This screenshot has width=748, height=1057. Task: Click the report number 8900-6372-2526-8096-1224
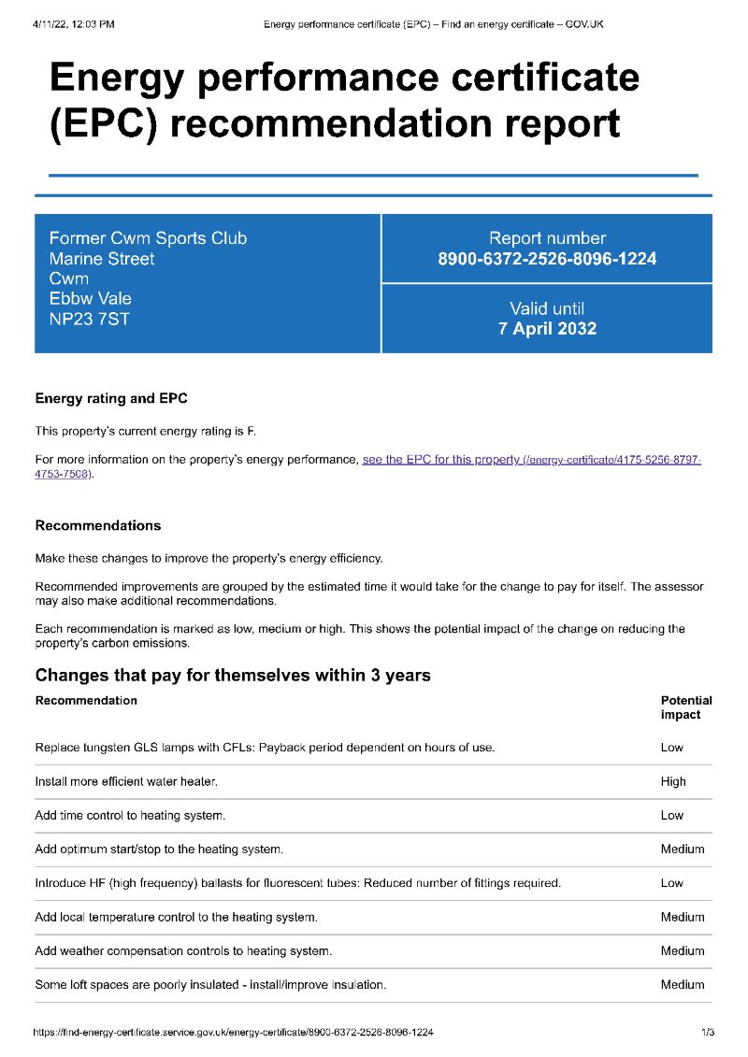(547, 259)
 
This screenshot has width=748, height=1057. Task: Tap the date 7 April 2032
(547, 329)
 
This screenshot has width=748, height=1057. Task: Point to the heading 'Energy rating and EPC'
(111, 399)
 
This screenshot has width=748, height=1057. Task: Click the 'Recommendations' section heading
(98, 525)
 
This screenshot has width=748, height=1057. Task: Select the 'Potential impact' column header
(685, 707)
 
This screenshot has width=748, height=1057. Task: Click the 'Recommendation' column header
(86, 700)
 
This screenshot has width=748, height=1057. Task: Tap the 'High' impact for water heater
(673, 781)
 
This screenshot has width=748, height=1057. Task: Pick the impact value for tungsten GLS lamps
(671, 748)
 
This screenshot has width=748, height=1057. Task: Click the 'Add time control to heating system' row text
(130, 816)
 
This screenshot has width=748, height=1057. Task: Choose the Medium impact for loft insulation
(682, 985)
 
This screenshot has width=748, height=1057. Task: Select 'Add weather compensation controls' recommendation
(183, 951)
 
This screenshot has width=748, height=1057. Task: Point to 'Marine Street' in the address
(102, 259)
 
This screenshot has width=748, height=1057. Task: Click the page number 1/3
(707, 1033)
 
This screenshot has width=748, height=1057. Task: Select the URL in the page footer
(233, 1033)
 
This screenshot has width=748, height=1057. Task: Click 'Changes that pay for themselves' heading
(233, 675)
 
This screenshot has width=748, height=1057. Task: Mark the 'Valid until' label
(547, 308)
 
